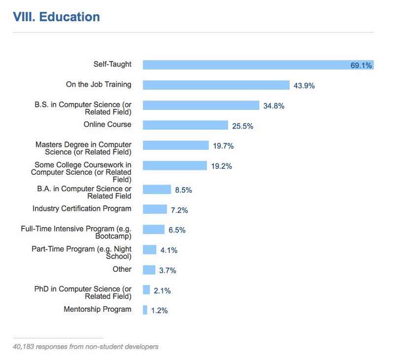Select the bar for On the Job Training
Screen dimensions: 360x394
216,85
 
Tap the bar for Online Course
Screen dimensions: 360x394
185,126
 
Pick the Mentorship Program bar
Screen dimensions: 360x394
145,310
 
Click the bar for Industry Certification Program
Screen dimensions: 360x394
155,209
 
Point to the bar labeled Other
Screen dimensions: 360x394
149,270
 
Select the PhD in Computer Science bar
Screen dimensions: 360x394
146,290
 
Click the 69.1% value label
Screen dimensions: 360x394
361,65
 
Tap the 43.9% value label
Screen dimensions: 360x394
304,86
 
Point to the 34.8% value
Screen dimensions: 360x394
273,106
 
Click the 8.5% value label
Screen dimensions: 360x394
181,190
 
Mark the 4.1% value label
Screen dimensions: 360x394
169,250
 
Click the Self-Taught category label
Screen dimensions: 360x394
112,64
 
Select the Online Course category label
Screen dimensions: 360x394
107,125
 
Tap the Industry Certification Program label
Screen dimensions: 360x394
82,209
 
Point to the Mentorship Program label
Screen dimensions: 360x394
98,309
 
